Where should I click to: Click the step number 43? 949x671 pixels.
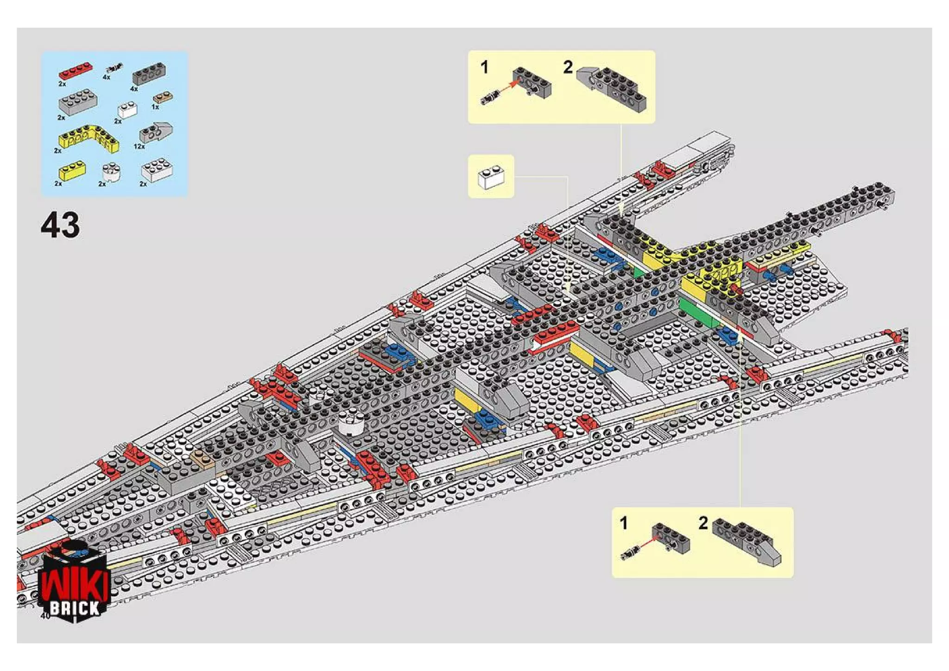[60, 225]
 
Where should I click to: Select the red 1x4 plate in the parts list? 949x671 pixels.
[75, 70]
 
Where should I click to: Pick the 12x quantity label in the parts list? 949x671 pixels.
[139, 147]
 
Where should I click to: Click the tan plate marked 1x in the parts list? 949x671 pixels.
[163, 98]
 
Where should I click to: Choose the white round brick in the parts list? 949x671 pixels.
[111, 172]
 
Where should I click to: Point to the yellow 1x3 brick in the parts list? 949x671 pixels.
[72, 170]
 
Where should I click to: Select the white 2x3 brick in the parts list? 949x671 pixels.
[158, 170]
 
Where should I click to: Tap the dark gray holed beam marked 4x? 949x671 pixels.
[149, 73]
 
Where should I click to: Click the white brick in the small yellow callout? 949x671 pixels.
[491, 177]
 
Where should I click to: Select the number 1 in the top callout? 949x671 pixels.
[485, 68]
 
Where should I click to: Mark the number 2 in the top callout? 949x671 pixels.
[568, 68]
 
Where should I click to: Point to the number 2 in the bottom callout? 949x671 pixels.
[703, 523]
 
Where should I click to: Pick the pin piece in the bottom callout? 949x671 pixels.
[630, 552]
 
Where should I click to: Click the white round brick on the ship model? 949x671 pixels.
[351, 422]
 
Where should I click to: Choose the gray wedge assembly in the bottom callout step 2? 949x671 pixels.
[747, 541]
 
